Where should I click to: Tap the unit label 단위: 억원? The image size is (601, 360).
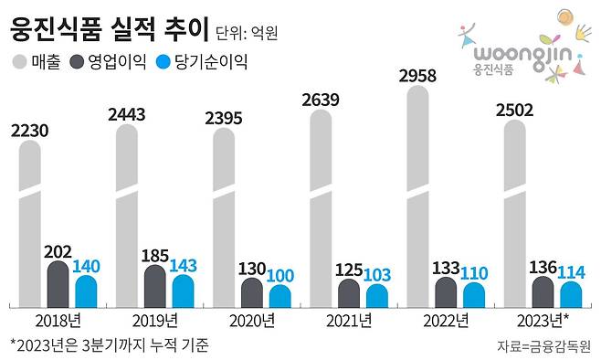coord(247,33)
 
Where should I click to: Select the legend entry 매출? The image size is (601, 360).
coord(37,63)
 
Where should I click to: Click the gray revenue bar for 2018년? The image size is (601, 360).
coord(30,228)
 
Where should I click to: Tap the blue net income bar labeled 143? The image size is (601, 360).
coord(183,291)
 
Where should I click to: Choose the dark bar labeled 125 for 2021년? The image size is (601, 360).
coord(348,293)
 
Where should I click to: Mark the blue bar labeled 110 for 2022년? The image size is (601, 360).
coord(473,295)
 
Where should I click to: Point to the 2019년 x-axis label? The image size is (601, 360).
coord(154,321)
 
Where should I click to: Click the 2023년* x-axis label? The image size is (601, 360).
coord(543,321)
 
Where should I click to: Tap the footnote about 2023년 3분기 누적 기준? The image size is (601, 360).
coord(110,345)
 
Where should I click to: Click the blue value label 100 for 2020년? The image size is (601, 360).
coord(279,274)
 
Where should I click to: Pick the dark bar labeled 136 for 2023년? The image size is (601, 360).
coord(542,292)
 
